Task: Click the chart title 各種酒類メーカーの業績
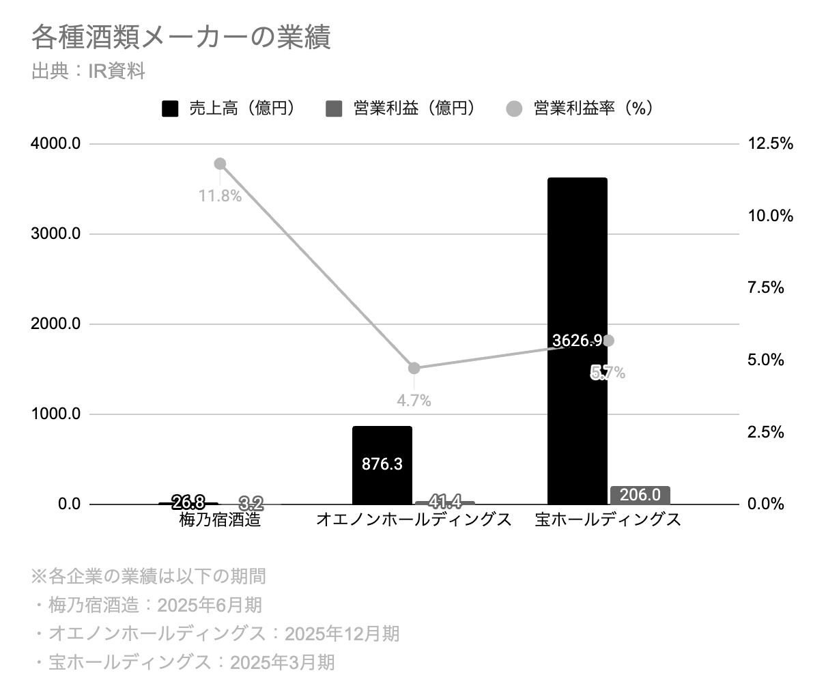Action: (x=181, y=37)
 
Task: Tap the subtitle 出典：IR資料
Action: (x=88, y=71)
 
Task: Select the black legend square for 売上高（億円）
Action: (x=170, y=109)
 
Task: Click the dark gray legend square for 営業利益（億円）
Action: (x=334, y=109)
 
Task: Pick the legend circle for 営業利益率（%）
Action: (x=514, y=109)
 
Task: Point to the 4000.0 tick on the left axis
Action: (x=55, y=143)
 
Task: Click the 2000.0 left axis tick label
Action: (x=55, y=324)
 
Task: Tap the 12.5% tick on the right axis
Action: (x=770, y=143)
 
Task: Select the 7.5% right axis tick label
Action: (x=766, y=288)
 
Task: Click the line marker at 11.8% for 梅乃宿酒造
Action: (x=220, y=164)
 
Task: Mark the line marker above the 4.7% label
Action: (x=414, y=368)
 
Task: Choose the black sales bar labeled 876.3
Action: (x=382, y=465)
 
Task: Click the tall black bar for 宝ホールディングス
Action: (x=578, y=341)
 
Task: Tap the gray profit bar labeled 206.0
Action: (x=640, y=495)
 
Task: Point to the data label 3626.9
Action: (x=577, y=341)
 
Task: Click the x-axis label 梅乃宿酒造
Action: (x=220, y=520)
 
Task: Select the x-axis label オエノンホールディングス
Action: (x=414, y=520)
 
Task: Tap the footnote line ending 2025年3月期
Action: (x=185, y=663)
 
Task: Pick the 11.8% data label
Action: (x=220, y=196)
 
